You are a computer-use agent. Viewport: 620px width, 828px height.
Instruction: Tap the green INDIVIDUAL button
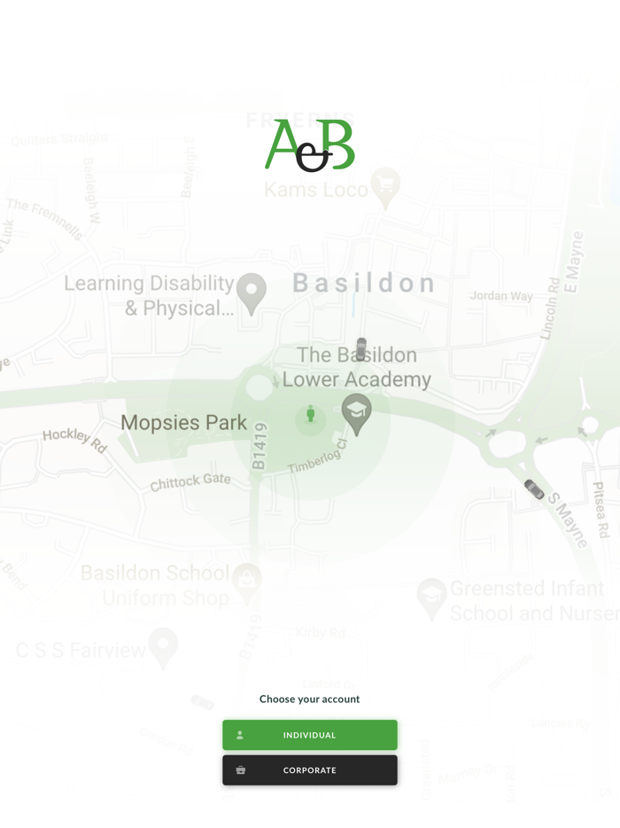tap(309, 735)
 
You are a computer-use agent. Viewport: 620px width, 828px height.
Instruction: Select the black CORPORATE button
tap(309, 770)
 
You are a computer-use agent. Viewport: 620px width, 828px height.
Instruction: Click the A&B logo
tap(310, 145)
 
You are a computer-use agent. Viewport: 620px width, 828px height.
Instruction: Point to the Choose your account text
tap(309, 699)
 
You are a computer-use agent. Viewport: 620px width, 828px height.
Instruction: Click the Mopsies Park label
tap(183, 423)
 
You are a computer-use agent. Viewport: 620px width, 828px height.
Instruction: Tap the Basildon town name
tap(364, 284)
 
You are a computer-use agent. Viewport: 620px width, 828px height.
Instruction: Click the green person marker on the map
tap(311, 414)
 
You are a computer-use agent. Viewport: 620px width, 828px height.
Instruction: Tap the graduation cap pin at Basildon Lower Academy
tap(356, 411)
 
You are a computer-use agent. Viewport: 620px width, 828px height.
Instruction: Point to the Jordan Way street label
tap(501, 296)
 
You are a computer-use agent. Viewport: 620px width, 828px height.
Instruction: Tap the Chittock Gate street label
tap(190, 482)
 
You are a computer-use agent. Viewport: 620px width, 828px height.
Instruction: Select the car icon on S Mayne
tap(534, 489)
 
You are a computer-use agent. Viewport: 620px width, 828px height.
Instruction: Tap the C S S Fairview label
tap(81, 651)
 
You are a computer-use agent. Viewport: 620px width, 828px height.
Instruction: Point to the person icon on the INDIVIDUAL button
tap(240, 735)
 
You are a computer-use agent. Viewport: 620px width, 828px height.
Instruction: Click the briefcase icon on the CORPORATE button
tap(240, 770)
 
